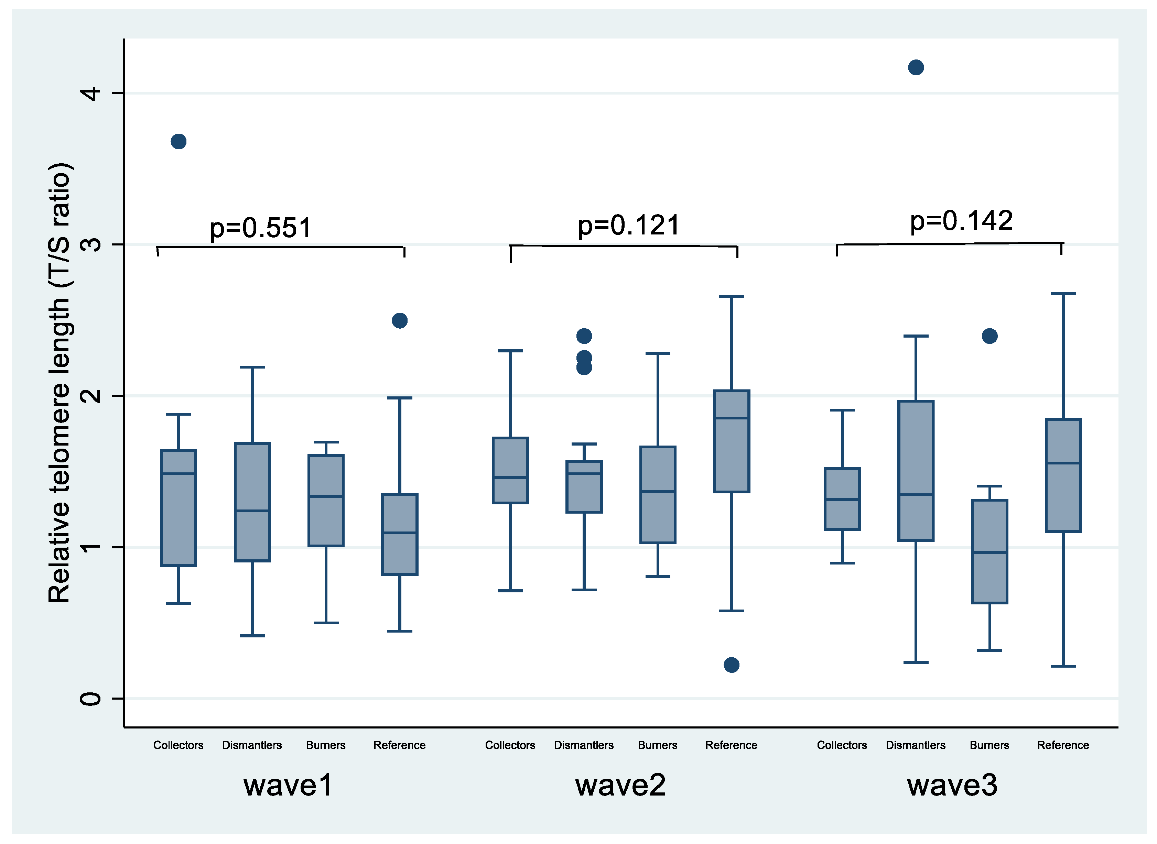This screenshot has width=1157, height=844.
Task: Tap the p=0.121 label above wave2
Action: [x=629, y=225]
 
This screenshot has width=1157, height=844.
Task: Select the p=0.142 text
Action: [x=961, y=221]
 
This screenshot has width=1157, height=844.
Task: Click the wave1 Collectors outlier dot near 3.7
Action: [x=179, y=142]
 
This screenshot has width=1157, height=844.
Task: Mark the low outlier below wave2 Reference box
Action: [x=731, y=665]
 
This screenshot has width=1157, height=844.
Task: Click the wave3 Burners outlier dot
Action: [x=990, y=336]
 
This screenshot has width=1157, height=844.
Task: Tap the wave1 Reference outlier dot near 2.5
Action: [x=400, y=321]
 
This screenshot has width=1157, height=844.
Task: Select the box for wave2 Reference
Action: [x=731, y=441]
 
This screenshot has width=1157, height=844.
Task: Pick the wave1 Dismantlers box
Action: [x=252, y=502]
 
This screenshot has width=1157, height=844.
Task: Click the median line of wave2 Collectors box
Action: [x=510, y=477]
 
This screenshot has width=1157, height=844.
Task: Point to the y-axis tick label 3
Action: [x=91, y=244]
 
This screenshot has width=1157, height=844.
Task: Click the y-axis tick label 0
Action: [x=91, y=698]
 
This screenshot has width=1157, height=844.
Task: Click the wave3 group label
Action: [x=952, y=785]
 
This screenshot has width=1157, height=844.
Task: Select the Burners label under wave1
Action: [x=325, y=745]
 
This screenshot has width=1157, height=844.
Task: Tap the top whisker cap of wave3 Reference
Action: [x=1063, y=294]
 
